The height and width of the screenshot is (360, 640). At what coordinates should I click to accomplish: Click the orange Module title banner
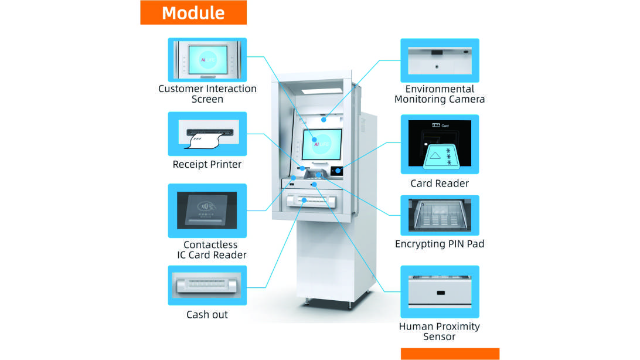(193, 12)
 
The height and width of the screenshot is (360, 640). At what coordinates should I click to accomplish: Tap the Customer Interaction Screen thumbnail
(207, 60)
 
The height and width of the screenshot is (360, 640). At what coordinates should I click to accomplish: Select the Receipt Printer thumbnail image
(207, 133)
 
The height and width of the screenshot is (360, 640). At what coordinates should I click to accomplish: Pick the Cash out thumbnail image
(207, 285)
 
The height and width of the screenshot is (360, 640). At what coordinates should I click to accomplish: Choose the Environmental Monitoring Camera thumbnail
(440, 60)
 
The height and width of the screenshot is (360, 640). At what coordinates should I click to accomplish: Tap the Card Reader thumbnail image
(440, 144)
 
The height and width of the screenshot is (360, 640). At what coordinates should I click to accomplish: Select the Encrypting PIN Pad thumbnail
(440, 215)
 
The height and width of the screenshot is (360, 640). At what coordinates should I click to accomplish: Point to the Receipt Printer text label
(207, 164)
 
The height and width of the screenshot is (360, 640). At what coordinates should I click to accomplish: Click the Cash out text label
(207, 315)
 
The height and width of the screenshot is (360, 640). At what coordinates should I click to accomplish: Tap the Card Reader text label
(440, 184)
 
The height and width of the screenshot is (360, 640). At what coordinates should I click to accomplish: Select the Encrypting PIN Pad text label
(440, 243)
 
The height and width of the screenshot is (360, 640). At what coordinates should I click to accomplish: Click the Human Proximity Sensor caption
(440, 331)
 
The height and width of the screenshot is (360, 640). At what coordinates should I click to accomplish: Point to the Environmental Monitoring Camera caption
(440, 94)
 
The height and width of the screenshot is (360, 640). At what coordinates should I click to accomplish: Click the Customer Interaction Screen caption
(207, 94)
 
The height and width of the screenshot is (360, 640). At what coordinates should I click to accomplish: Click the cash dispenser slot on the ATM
(310, 201)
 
